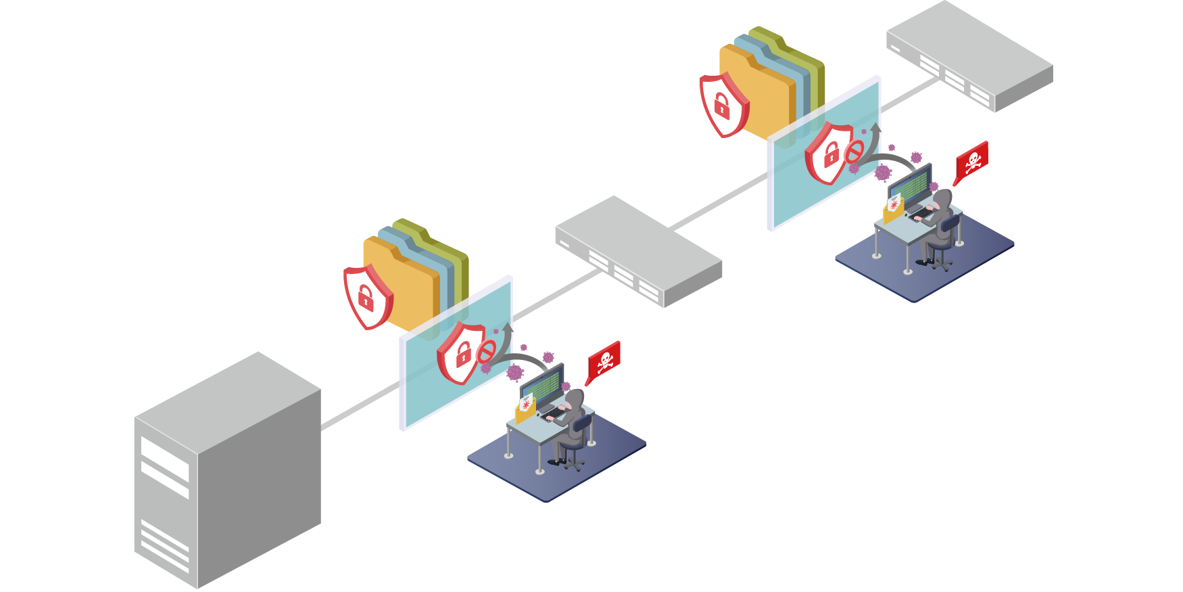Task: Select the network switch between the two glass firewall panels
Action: pyautogui.click(x=639, y=250)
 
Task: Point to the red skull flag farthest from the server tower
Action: pyautogui.click(x=972, y=161)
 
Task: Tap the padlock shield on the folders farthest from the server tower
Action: pyautogui.click(x=723, y=104)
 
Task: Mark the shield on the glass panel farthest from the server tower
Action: pyautogui.click(x=829, y=153)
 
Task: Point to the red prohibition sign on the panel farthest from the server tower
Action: pyautogui.click(x=854, y=152)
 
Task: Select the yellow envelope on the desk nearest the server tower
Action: pyautogui.click(x=525, y=410)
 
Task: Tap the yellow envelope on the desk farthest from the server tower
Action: pyautogui.click(x=893, y=210)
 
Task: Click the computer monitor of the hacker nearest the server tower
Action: pyautogui.click(x=541, y=386)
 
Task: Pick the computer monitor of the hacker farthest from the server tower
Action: pyautogui.click(x=909, y=185)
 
